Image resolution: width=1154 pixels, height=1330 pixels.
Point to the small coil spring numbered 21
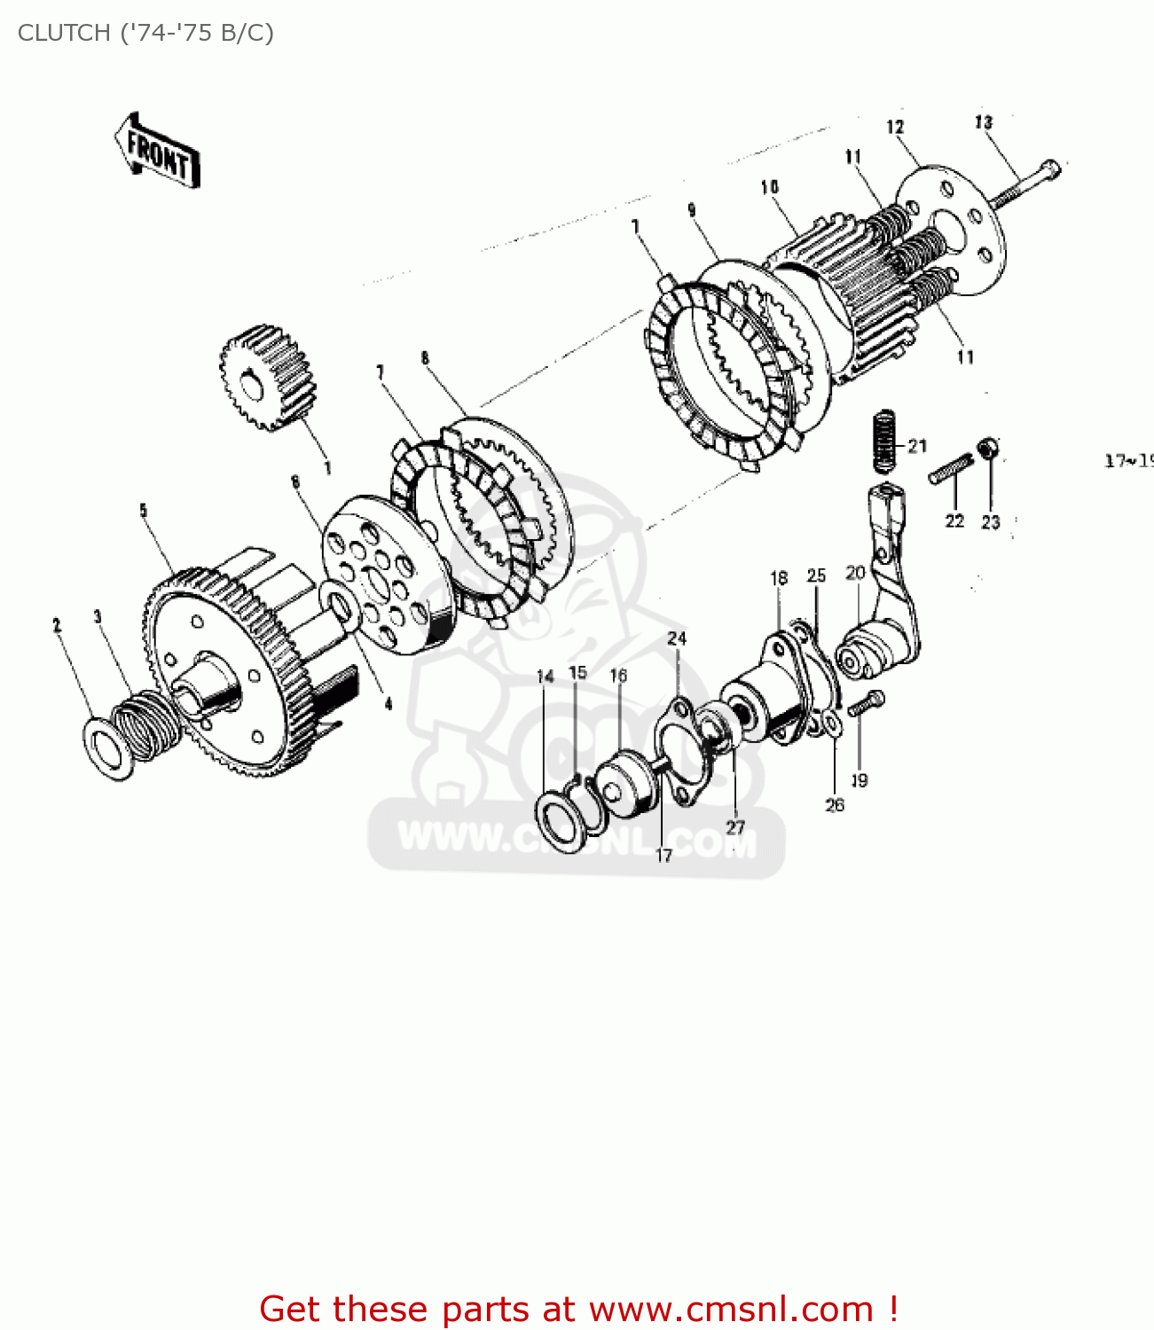884,441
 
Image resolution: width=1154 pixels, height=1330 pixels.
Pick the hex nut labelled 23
987,450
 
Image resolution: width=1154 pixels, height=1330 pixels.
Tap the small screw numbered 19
865,705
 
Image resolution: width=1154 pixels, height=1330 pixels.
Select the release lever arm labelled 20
887,603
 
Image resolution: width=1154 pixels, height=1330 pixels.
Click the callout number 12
895,127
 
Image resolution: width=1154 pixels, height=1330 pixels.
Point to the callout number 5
143,510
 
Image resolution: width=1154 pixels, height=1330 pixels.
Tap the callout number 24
677,638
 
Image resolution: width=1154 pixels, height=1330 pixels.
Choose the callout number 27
735,827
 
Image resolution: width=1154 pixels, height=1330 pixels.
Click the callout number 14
545,677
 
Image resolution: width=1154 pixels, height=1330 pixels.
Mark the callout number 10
769,187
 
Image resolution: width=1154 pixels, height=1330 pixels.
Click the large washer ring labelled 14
561,821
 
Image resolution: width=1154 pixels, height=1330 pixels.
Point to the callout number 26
835,805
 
